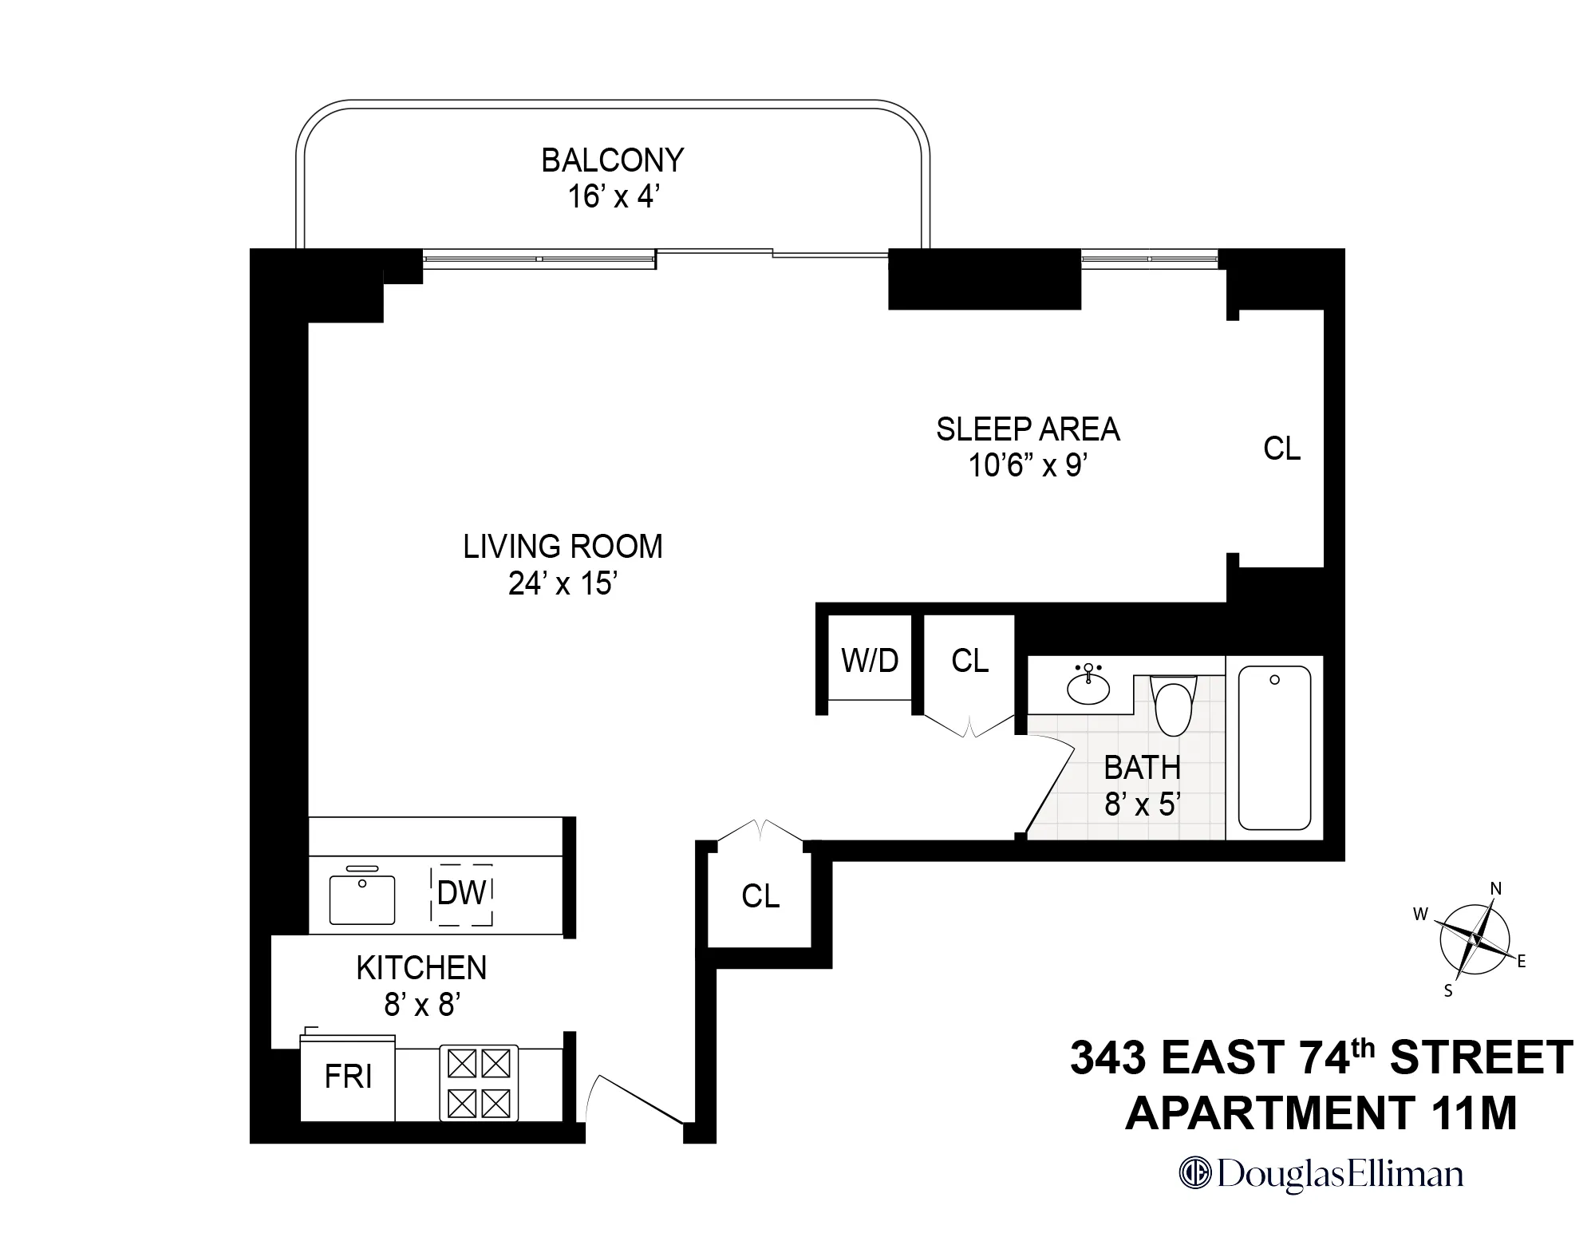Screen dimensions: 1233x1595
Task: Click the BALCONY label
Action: coord(612,160)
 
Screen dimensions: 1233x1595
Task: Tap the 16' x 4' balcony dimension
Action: coord(612,196)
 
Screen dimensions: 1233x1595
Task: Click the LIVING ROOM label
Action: coord(563,547)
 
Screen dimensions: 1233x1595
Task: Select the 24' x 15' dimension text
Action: coord(563,583)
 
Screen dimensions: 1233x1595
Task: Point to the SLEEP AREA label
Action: coord(1028,429)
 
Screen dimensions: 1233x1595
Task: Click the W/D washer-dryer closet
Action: coord(870,660)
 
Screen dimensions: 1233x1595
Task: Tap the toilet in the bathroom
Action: coord(1174,705)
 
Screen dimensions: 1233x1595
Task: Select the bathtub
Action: coord(1273,749)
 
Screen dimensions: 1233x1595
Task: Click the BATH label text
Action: coord(1142,768)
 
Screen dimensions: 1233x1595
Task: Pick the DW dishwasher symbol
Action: coord(461,894)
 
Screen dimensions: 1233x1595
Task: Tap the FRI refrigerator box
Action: coord(348,1077)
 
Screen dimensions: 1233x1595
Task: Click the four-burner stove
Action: coord(479,1083)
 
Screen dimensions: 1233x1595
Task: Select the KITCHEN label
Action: coord(421,968)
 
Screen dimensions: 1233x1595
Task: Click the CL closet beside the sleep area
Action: coord(1281,449)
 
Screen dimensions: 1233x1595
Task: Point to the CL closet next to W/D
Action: coord(969,661)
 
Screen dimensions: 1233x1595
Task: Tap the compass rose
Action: coord(1474,939)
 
